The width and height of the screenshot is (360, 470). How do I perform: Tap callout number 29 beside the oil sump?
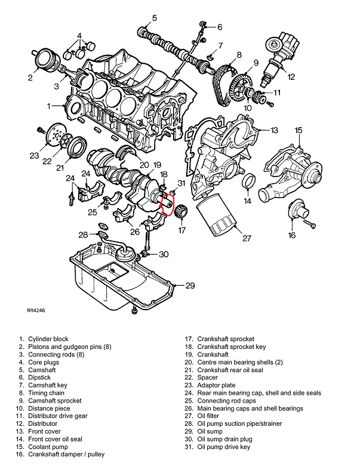[190, 286]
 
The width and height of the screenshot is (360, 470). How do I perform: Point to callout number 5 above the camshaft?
[154, 18]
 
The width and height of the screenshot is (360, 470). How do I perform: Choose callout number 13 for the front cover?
[274, 130]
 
